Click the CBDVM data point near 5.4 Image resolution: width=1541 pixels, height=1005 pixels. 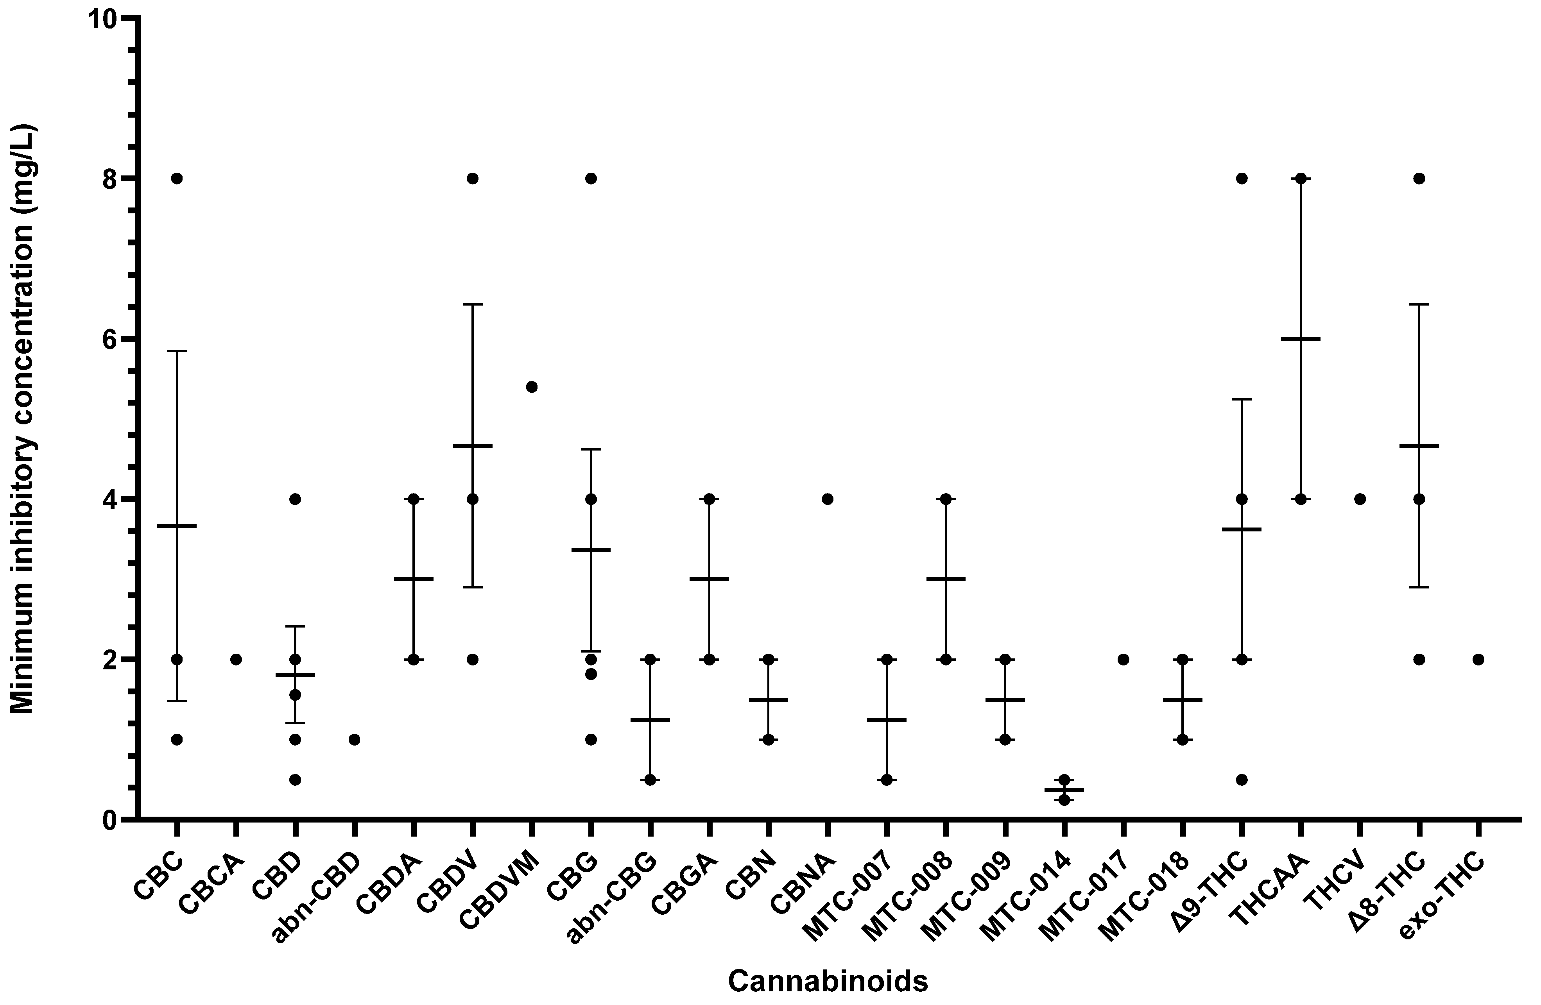(x=532, y=387)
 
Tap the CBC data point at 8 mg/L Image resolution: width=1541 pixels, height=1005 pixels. (x=177, y=179)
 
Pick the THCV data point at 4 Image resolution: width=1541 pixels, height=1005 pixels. (x=1360, y=499)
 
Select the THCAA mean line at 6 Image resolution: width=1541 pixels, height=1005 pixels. (x=1300, y=338)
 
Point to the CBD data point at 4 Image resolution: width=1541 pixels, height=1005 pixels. (x=295, y=499)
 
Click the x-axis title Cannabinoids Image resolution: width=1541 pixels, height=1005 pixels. (x=828, y=981)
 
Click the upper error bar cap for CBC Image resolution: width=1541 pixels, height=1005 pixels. (x=177, y=351)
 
